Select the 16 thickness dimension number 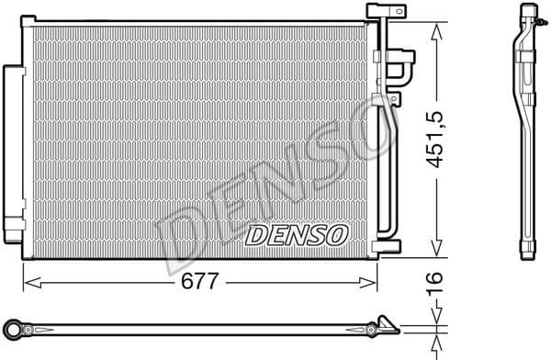(x=437, y=281)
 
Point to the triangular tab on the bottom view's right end (x=388, y=324)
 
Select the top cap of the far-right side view (x=529, y=13)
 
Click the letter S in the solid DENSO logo (x=312, y=235)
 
